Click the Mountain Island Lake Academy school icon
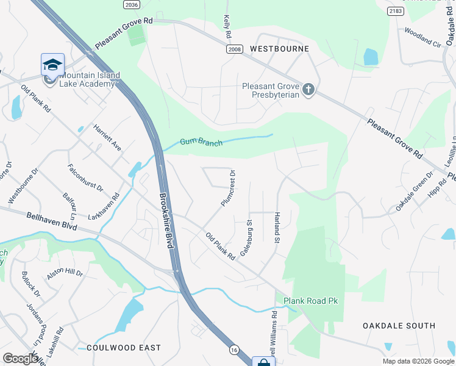[52, 65]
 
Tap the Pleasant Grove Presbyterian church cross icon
[308, 90]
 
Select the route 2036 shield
[131, 5]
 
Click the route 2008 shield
[234, 49]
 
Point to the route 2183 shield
[396, 11]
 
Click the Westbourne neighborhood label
[279, 48]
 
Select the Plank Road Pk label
[310, 301]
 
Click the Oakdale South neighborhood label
[399, 326]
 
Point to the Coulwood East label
[124, 347]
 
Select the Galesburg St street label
[246, 238]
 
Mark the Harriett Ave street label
[107, 138]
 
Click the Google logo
[20, 359]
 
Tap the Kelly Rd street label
[227, 27]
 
